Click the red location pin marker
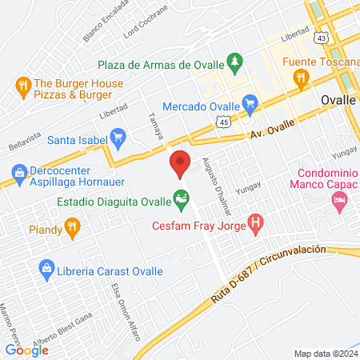click(x=180, y=163)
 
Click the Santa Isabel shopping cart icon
click(x=118, y=138)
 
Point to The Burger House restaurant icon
click(x=22, y=85)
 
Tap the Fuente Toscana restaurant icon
click(x=302, y=77)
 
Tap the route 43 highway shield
click(x=321, y=37)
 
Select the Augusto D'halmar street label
click(x=214, y=178)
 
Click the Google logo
click(x=27, y=350)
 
